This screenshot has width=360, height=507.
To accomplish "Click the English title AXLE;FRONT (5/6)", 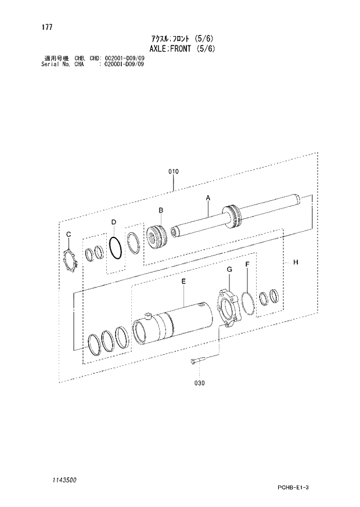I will (181, 49).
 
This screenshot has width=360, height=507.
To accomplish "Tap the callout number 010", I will (173, 171).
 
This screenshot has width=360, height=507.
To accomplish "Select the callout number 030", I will (199, 383).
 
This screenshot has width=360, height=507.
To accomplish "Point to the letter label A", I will (207, 198).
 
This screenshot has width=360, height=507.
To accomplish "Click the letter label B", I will (161, 210).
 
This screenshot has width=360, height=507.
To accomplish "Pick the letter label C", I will (68, 234).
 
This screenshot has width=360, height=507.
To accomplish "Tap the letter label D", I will (114, 222).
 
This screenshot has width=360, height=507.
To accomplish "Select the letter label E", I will (183, 282).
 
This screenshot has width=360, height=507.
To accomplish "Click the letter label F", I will (247, 264).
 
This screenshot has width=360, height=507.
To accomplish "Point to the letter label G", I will (229, 269).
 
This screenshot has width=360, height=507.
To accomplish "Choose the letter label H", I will (295, 263).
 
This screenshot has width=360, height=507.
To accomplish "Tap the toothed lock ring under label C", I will (71, 259).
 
